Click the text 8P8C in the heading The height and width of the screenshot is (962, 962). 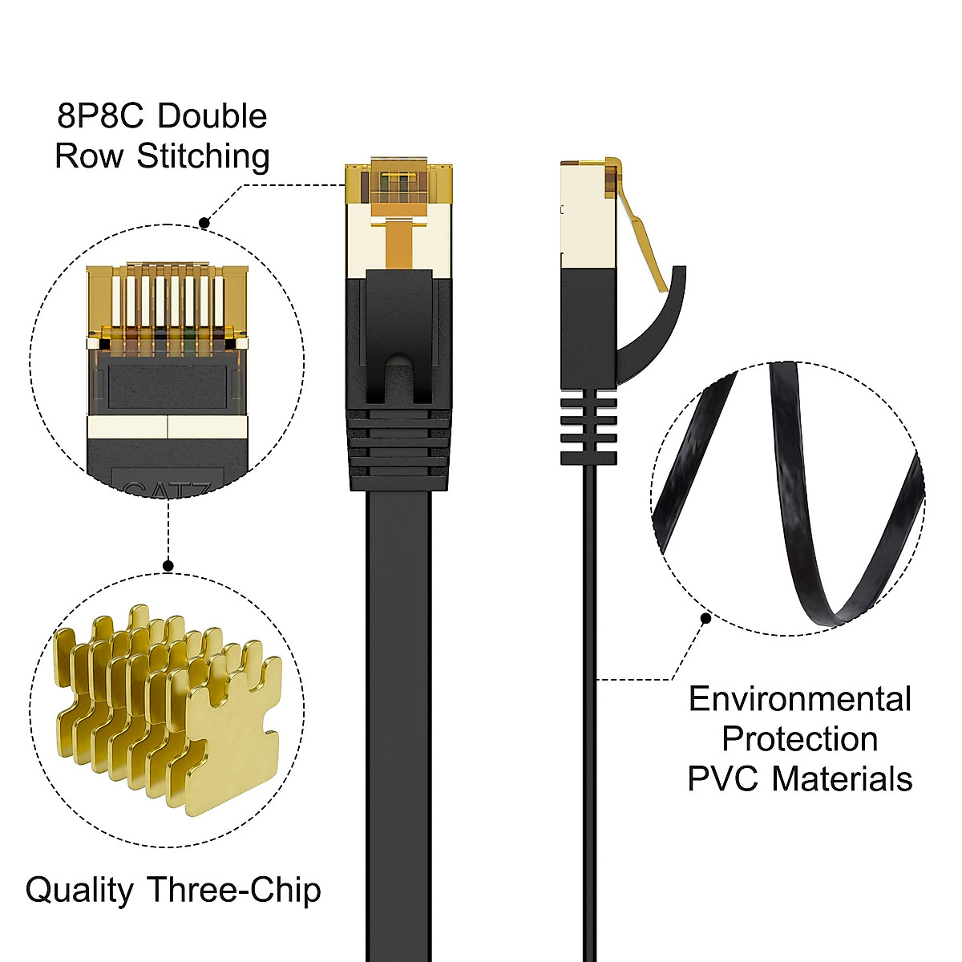pos(99,116)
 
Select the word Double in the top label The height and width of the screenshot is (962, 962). pos(212,116)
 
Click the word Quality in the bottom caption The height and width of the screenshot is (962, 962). pos(79,891)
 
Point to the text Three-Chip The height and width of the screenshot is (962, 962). pos(234,891)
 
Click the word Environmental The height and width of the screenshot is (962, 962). pos(800,699)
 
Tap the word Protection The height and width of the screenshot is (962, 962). pos(799,739)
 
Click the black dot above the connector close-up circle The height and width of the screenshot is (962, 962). pos(204,224)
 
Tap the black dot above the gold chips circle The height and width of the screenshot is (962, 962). pos(168,566)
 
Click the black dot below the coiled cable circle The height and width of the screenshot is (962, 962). pos(705,618)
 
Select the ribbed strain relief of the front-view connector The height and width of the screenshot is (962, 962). pos(399,449)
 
